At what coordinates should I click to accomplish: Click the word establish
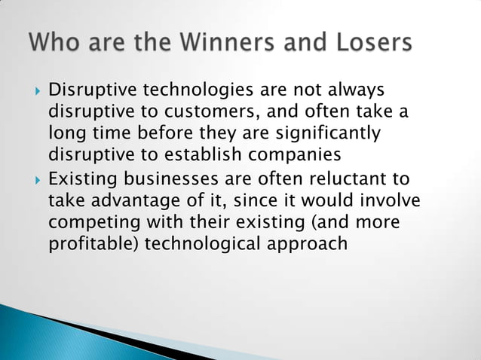coord(216,155)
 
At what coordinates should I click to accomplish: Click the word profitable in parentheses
coord(89,244)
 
